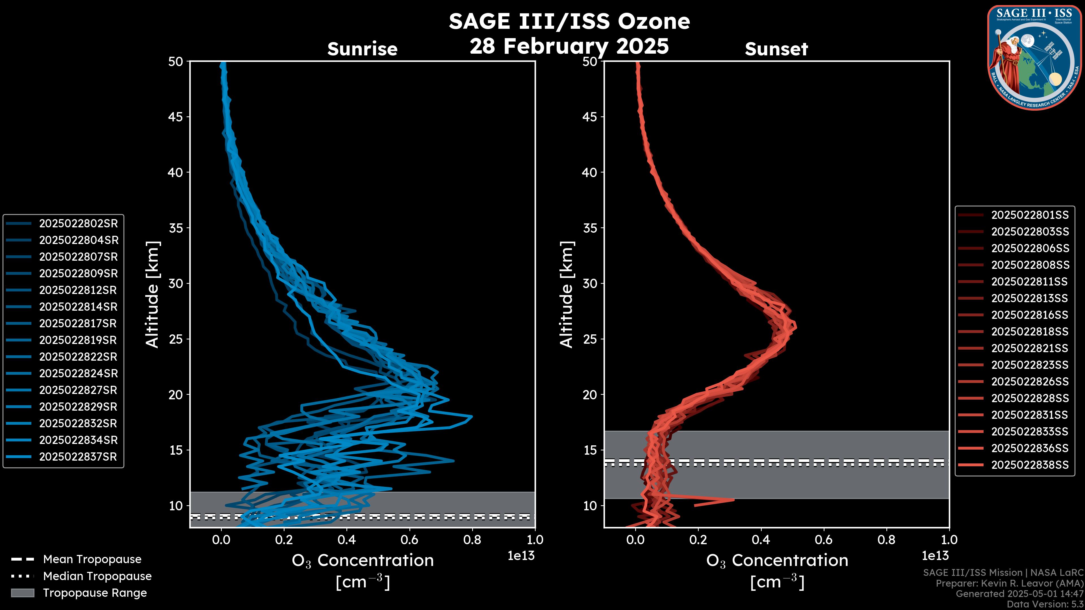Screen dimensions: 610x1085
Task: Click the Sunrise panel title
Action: [362, 49]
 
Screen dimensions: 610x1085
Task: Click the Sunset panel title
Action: [776, 49]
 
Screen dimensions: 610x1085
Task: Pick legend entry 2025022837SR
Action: [78, 457]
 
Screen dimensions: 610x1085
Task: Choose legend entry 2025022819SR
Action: [78, 340]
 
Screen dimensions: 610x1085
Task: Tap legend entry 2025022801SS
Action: [1030, 215]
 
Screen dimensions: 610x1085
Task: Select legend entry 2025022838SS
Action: [1030, 465]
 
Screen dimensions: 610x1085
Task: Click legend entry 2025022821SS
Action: [1030, 348]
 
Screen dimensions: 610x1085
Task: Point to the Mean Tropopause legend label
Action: [92, 559]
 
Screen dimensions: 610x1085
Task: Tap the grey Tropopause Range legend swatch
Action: [22, 593]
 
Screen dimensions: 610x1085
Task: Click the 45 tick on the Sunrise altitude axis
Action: [176, 117]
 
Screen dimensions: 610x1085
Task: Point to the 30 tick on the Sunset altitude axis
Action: [591, 283]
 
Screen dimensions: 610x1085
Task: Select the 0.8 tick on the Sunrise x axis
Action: [472, 540]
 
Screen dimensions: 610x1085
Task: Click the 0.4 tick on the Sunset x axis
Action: [761, 540]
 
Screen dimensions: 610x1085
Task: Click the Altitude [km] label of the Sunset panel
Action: [567, 295]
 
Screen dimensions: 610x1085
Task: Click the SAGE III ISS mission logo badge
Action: [1033, 58]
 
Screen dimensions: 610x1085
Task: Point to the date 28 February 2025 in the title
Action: [569, 46]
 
